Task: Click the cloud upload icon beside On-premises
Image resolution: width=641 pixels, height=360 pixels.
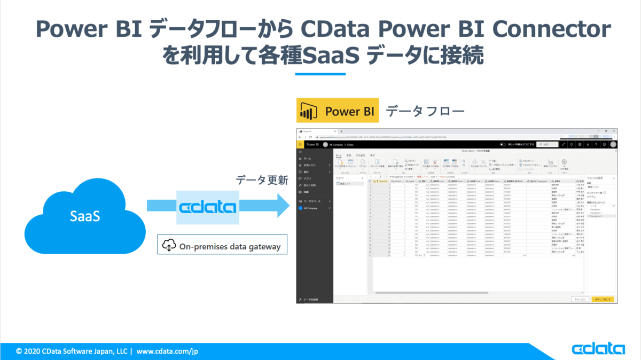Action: (x=169, y=246)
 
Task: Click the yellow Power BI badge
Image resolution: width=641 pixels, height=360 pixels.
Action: (x=337, y=112)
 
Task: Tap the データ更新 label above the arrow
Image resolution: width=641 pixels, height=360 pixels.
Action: (x=262, y=181)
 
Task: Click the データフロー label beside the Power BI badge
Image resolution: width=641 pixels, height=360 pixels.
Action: (x=425, y=112)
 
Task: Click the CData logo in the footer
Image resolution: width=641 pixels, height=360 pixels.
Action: (x=598, y=349)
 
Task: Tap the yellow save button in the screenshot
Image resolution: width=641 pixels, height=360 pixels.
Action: (x=603, y=300)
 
